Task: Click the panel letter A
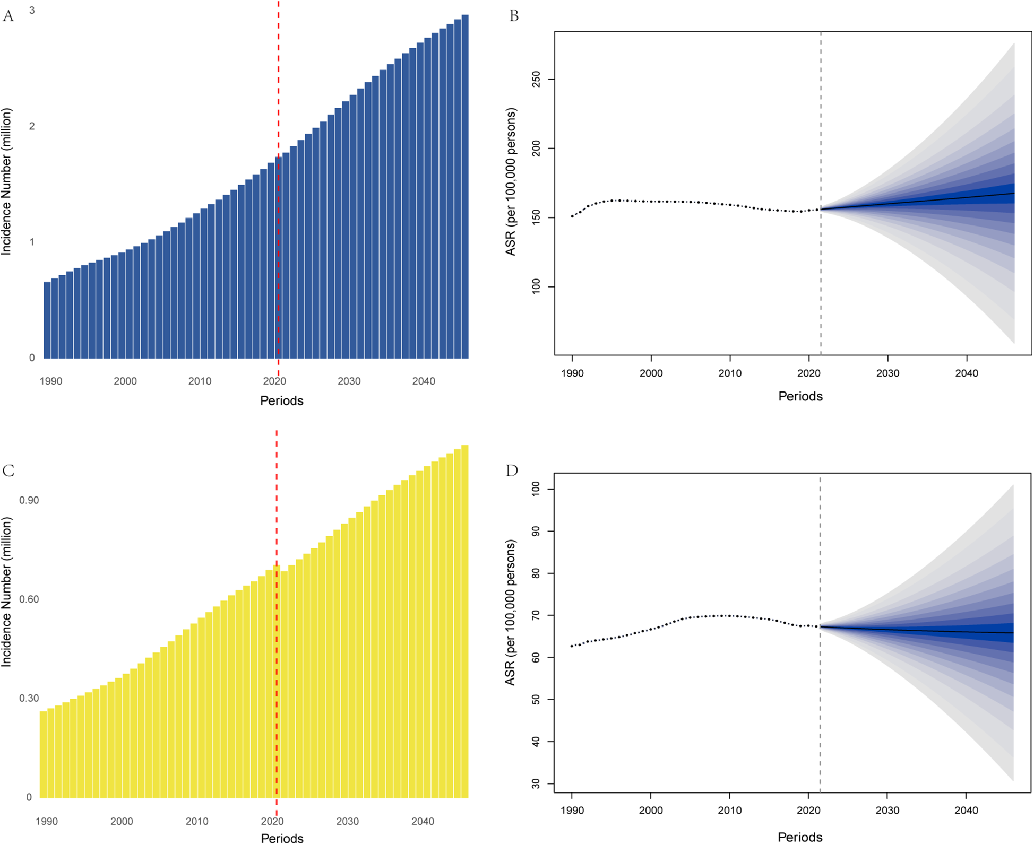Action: (x=8, y=16)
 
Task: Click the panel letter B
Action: (x=513, y=16)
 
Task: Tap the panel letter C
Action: (x=8, y=471)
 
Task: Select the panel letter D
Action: (x=512, y=471)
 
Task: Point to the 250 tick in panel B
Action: (x=536, y=80)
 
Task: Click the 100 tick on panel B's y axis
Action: (x=536, y=287)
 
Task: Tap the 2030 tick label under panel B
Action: (x=887, y=373)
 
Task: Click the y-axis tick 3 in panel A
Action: (x=32, y=10)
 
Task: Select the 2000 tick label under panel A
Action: (x=125, y=381)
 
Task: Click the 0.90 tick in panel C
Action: (x=29, y=500)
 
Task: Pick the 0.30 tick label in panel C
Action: (x=29, y=698)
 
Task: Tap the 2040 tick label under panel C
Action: (x=423, y=821)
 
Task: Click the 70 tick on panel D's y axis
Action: (x=536, y=615)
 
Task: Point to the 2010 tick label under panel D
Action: (x=729, y=810)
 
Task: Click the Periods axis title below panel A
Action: (x=281, y=400)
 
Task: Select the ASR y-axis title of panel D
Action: (x=510, y=613)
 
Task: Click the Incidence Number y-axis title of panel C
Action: (x=6, y=593)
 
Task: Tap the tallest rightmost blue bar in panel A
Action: (x=465, y=186)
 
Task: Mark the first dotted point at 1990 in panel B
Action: (x=572, y=216)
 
